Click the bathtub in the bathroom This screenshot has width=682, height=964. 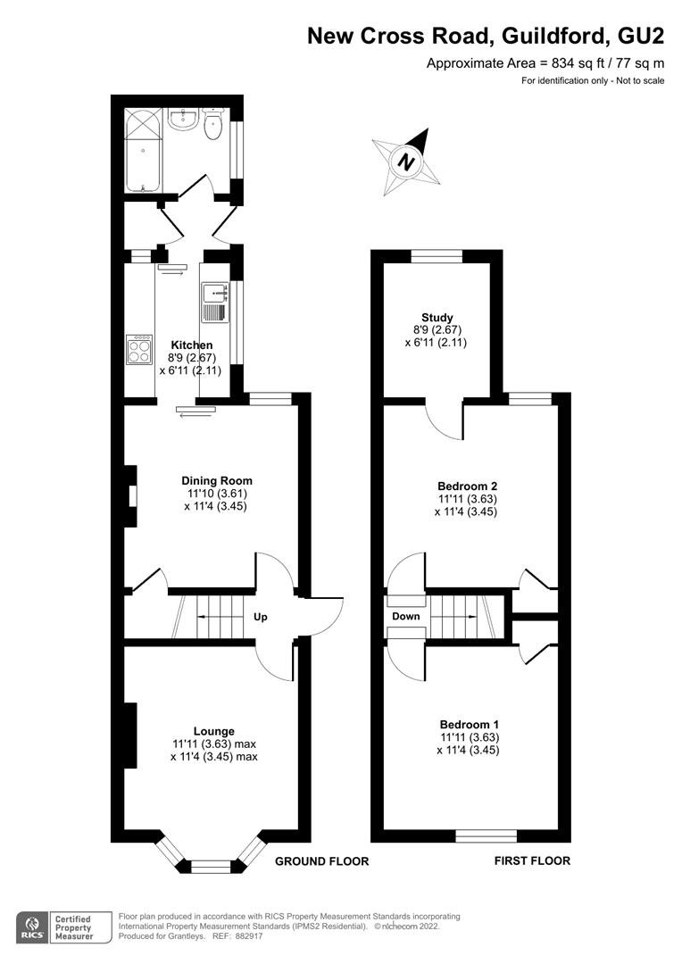click(x=144, y=150)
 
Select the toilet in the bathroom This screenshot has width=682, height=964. click(x=212, y=123)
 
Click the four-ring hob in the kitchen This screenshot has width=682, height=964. click(x=139, y=349)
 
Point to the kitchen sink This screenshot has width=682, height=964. click(x=215, y=303)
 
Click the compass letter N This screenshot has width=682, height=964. click(x=405, y=162)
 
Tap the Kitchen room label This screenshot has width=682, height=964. click(x=192, y=345)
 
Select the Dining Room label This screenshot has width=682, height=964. click(x=216, y=481)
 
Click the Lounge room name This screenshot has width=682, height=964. click(x=214, y=731)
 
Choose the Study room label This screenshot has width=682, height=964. click(x=437, y=317)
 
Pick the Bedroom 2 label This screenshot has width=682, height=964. click(x=468, y=486)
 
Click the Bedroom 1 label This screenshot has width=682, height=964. click(x=470, y=724)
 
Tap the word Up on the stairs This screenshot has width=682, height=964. click(x=261, y=617)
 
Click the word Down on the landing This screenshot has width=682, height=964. click(x=406, y=616)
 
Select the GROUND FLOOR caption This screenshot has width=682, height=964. click(x=321, y=861)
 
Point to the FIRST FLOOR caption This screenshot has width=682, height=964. click(x=533, y=860)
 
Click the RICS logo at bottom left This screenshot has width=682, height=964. click(x=33, y=927)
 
